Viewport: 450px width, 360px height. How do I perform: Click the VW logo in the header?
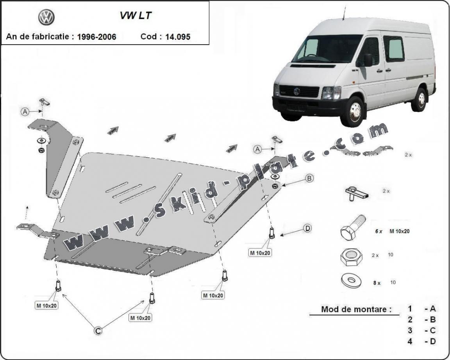pos(46,18)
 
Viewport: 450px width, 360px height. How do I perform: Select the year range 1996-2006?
pos(96,37)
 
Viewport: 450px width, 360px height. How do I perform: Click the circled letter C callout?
pos(98,331)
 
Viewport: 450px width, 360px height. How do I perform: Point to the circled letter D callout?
pos(308,228)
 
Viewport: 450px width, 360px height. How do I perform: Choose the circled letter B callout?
pos(309,178)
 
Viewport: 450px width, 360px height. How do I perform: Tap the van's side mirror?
pos(368,60)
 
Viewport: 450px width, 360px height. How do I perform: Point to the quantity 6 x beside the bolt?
pos(378,231)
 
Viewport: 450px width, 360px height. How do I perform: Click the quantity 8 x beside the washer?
pos(377,283)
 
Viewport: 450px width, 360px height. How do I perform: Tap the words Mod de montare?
pos(356,309)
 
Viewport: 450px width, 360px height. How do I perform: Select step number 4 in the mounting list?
pos(410,341)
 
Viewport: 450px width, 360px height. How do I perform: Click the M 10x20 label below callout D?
pos(261,253)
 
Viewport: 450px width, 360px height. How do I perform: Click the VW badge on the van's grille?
pos(296,91)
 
